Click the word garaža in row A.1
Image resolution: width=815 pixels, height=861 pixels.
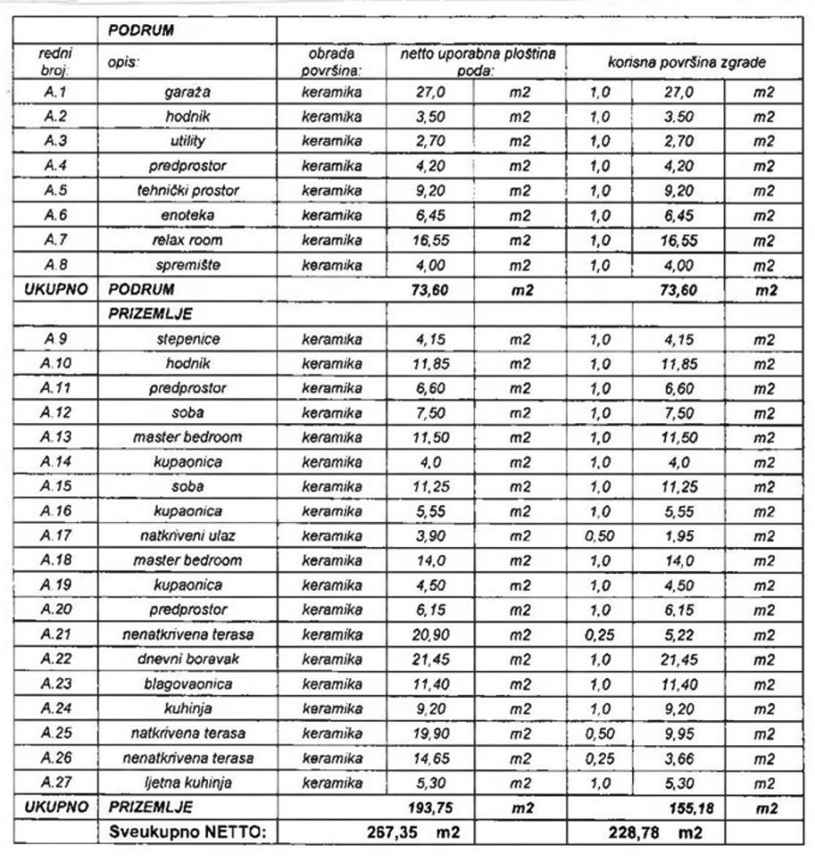point(188,92)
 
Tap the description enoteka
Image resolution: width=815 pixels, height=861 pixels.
point(188,215)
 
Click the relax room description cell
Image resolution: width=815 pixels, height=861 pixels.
point(188,240)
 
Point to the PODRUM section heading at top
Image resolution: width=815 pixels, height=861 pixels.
point(140,30)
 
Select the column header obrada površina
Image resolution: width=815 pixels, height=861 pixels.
point(332,63)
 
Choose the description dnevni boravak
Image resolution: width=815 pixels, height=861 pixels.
point(188,659)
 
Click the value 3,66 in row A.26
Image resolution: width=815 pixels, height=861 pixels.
point(678,758)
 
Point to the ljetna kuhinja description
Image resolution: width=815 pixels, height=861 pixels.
point(188,782)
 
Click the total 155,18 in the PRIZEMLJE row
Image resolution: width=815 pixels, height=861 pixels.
point(678,807)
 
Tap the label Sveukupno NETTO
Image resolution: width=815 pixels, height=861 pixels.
point(187,832)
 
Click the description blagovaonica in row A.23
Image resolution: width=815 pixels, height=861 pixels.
point(188,683)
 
